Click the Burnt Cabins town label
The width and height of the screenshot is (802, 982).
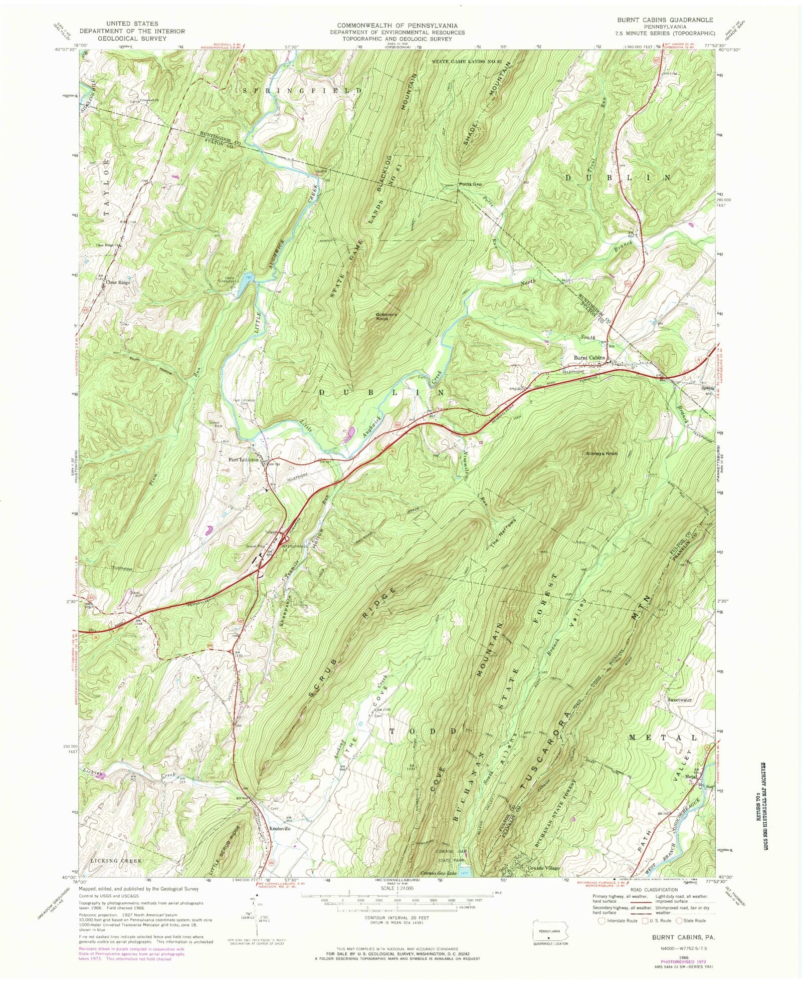click(x=589, y=358)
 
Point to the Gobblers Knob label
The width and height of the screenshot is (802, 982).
click(x=386, y=317)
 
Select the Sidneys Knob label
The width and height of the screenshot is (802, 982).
click(x=601, y=453)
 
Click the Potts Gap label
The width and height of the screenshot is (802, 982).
click(x=470, y=184)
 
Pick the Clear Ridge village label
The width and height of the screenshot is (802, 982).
click(x=118, y=283)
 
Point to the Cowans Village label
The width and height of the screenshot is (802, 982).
click(x=542, y=868)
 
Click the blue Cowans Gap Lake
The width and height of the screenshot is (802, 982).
click(x=466, y=871)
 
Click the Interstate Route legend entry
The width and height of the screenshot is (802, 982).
click(x=618, y=920)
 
